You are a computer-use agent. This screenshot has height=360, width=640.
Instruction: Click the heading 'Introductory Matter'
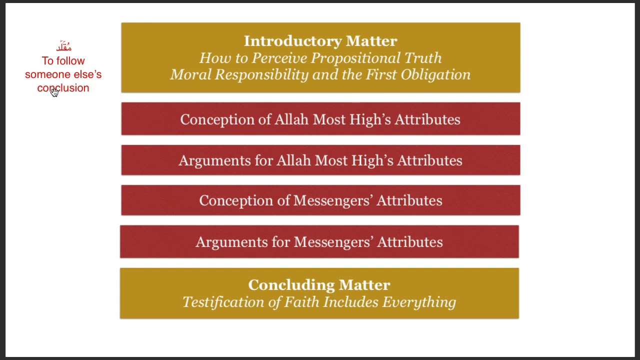click(320, 40)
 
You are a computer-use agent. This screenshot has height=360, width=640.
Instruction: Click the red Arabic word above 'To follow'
click(63, 47)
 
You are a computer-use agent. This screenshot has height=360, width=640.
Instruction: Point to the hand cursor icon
click(54, 92)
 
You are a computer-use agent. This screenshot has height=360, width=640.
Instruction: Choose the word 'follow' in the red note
click(71, 61)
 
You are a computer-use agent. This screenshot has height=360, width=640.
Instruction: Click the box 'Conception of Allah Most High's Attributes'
click(320, 119)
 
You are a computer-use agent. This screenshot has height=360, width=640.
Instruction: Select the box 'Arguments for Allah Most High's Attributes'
click(320, 160)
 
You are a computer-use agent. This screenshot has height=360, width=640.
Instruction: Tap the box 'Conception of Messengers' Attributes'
click(320, 200)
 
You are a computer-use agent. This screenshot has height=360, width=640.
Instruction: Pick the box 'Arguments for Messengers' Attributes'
click(319, 241)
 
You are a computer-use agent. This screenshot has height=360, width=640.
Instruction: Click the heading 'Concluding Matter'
click(319, 284)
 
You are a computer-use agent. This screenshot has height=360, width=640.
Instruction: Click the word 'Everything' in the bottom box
click(419, 302)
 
